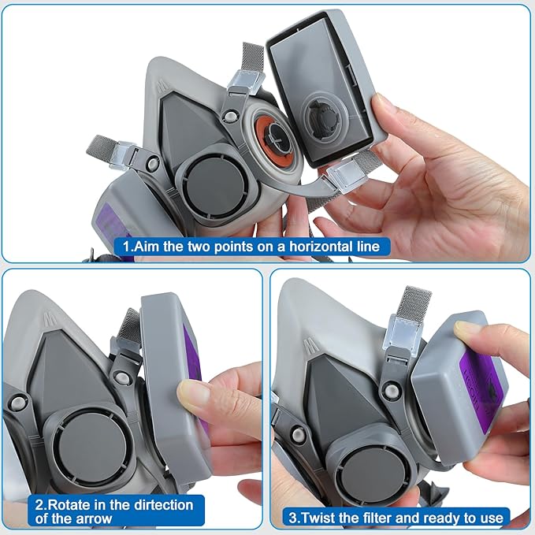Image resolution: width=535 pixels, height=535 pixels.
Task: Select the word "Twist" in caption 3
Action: tap(317, 518)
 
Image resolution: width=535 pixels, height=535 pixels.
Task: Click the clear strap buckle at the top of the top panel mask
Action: tap(247, 83)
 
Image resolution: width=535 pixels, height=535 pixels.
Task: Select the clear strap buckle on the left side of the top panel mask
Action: tap(122, 155)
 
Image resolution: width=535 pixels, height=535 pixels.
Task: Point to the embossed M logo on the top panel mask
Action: tap(163, 87)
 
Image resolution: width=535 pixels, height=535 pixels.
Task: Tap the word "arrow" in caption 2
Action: tap(95, 519)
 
